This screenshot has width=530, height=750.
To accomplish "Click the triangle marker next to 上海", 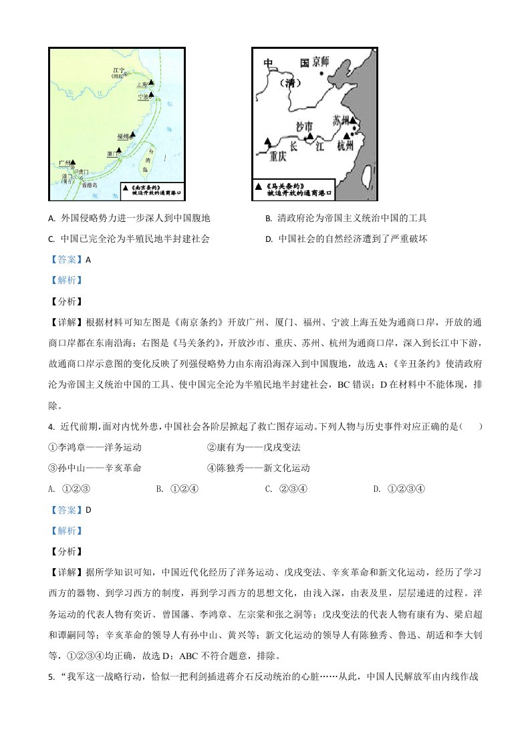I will (152, 83).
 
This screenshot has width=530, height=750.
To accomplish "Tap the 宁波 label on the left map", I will (141, 97).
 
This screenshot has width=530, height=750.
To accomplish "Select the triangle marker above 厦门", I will (120, 150).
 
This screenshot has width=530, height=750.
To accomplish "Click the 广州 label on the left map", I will (64, 162).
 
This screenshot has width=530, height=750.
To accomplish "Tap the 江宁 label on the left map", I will (118, 69).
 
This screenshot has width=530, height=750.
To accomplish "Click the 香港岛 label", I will (90, 184).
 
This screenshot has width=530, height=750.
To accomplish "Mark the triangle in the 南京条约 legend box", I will (126, 189).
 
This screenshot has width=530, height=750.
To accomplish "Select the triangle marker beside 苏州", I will (354, 122).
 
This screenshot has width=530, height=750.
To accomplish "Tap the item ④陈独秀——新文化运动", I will (258, 468).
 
